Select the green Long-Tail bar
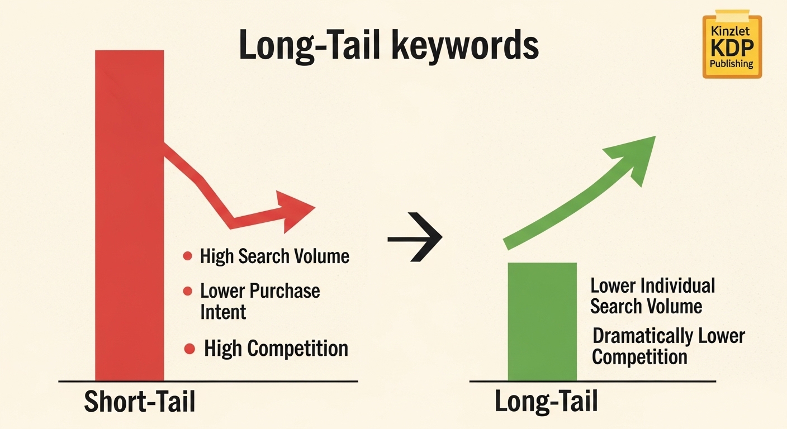click(542, 321)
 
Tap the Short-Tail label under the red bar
click(140, 402)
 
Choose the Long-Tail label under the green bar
click(546, 402)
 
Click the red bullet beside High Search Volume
click(188, 256)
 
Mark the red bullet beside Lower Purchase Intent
click(188, 291)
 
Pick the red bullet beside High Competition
click(189, 349)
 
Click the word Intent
click(223, 312)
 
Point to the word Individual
click(678, 285)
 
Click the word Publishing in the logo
click(732, 64)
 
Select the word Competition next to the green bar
click(639, 356)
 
